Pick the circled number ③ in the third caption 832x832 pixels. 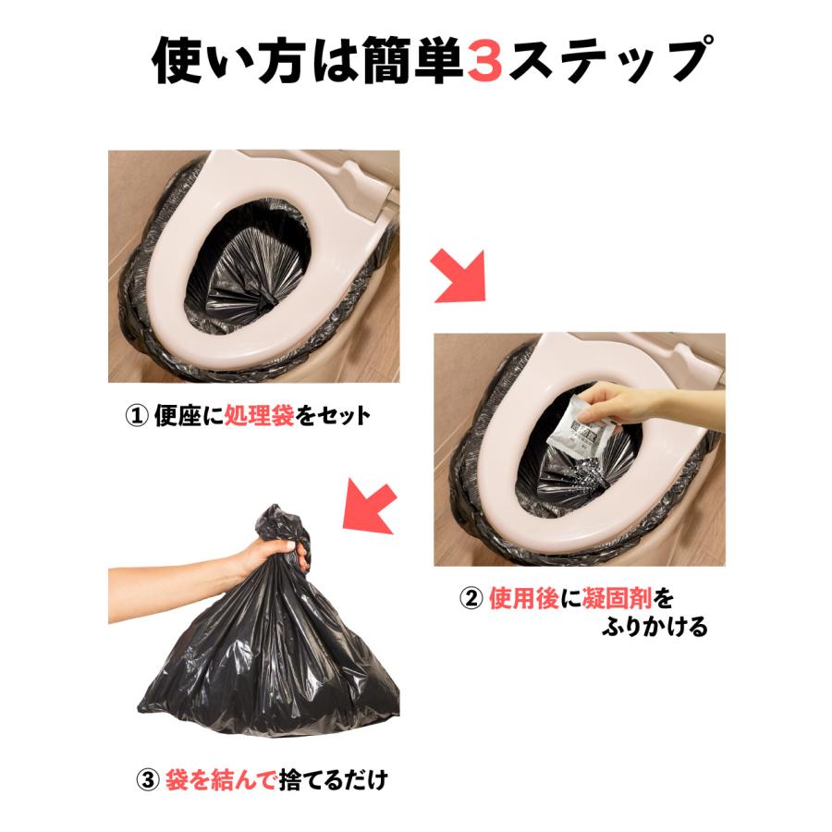[x=148, y=779]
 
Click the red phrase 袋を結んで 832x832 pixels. [x=220, y=779]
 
